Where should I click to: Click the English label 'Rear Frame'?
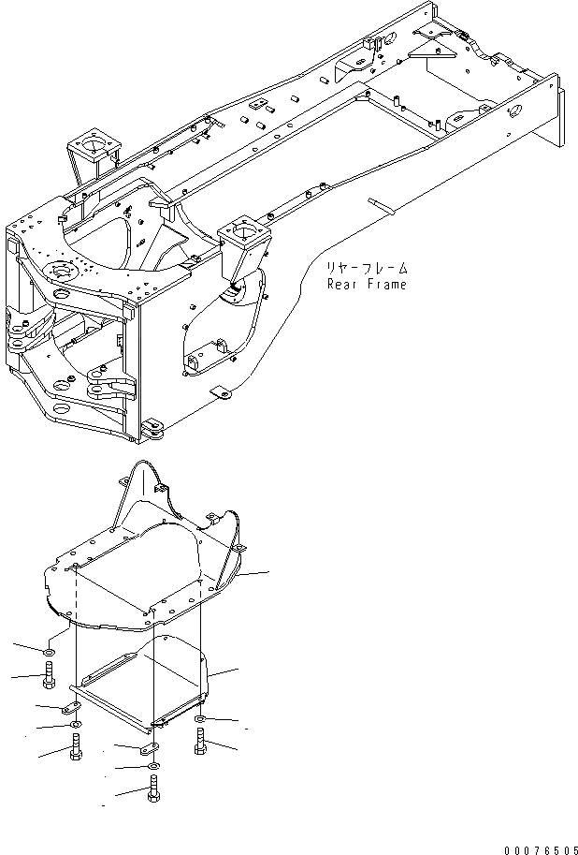[367, 285]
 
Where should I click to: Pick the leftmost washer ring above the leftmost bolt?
[49, 650]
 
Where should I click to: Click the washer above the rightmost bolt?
[200, 719]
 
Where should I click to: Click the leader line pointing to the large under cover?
[253, 573]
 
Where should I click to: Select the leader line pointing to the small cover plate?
[224, 671]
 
